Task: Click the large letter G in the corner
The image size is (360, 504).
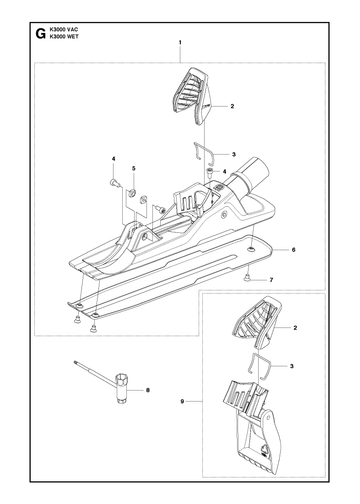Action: click(x=40, y=34)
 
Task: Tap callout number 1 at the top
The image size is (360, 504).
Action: click(x=180, y=42)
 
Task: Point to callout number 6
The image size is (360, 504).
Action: click(x=293, y=250)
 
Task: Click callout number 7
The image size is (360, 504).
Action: click(x=271, y=280)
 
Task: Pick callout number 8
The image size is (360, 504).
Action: click(x=148, y=390)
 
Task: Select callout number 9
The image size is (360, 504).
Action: click(x=182, y=402)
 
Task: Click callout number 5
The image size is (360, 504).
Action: click(x=134, y=168)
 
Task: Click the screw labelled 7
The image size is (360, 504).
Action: click(x=247, y=277)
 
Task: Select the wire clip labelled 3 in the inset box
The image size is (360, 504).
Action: click(x=260, y=366)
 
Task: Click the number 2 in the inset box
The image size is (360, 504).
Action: click(x=295, y=328)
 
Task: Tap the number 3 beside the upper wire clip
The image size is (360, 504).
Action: click(x=234, y=154)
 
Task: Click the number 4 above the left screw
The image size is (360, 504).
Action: click(x=113, y=159)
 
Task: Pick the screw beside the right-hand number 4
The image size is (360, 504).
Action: click(x=210, y=172)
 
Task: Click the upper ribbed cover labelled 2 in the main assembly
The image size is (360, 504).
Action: click(x=192, y=96)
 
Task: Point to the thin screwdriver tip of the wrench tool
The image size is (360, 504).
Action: click(x=77, y=362)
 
